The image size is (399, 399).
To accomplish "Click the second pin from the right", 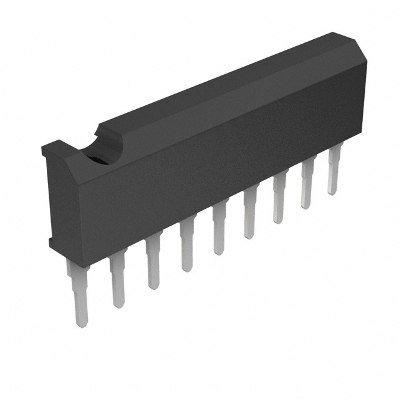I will (x=307, y=186).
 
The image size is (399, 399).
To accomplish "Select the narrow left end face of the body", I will (x=55, y=193).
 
